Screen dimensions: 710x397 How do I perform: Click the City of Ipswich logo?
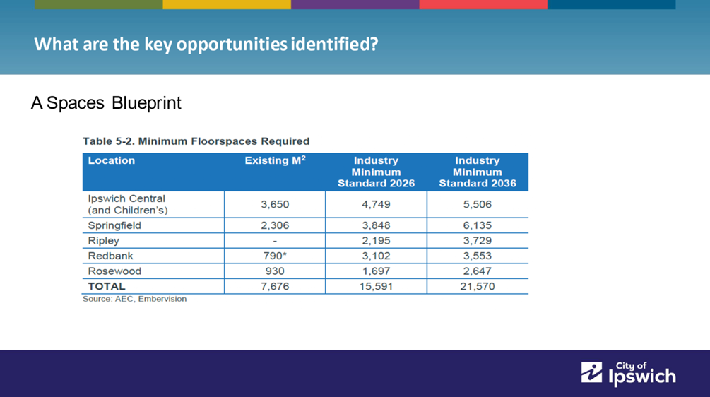[629, 374]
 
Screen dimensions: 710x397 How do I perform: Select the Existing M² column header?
[276, 160]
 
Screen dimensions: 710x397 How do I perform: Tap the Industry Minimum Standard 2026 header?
[376, 172]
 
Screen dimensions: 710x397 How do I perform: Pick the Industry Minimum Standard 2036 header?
[478, 172]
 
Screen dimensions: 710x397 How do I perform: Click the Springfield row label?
[114, 225]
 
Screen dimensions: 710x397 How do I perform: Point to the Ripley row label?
[104, 241]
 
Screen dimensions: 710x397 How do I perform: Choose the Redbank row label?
[110, 256]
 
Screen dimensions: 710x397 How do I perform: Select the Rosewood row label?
[114, 271]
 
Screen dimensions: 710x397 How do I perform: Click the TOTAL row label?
[107, 286]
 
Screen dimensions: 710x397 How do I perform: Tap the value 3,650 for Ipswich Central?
[275, 204]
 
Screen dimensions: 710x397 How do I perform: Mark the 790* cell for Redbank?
[275, 256]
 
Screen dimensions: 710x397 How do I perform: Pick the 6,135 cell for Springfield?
[478, 225]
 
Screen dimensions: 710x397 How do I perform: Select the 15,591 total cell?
[376, 286]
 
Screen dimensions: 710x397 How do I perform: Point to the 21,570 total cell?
[478, 286]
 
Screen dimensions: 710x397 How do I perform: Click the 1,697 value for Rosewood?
[376, 271]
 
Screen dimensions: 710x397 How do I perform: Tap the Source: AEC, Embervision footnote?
[134, 299]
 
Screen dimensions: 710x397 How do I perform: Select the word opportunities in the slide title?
[232, 45]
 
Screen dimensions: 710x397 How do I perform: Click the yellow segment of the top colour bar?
[227, 4]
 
